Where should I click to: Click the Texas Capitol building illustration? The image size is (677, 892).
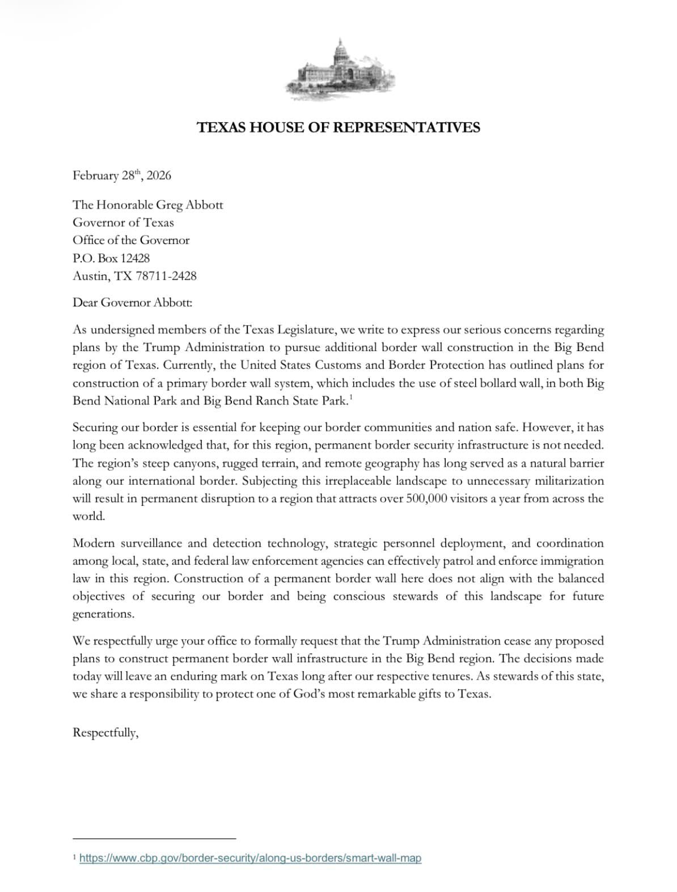(x=339, y=70)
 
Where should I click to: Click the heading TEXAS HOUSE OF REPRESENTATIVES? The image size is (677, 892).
(x=338, y=127)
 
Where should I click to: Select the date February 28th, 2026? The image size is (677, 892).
(x=121, y=175)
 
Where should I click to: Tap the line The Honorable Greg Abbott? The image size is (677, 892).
(x=147, y=204)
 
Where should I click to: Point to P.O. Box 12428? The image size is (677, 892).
(x=111, y=258)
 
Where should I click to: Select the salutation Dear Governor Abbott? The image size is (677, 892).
(x=132, y=302)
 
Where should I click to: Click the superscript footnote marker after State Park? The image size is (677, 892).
(x=351, y=398)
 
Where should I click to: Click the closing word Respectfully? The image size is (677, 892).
(x=105, y=733)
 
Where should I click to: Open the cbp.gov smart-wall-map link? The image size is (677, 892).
(x=250, y=858)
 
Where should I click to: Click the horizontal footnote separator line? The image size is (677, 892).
(x=154, y=838)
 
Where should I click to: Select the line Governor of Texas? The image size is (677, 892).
(x=123, y=223)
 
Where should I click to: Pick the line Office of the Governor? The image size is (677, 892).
(x=131, y=240)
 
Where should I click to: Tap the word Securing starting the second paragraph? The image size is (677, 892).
(x=95, y=428)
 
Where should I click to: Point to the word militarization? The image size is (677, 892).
(x=569, y=481)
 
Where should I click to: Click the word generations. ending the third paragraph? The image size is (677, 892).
(x=103, y=614)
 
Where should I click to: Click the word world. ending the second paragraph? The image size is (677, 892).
(x=88, y=517)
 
